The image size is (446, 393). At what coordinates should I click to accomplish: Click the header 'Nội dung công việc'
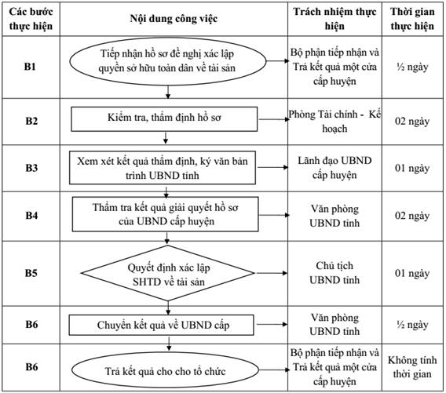click(x=174, y=19)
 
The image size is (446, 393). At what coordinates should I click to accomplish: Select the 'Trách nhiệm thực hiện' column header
click(x=334, y=19)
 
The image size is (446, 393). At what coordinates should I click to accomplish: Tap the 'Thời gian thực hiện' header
click(x=412, y=19)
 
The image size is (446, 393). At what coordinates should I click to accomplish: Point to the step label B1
click(x=30, y=67)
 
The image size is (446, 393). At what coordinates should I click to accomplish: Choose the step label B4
click(x=31, y=215)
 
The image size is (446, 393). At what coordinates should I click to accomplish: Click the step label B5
click(x=31, y=273)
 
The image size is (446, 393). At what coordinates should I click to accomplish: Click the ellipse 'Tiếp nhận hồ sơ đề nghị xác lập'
click(x=168, y=61)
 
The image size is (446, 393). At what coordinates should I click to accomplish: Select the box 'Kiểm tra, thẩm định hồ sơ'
click(x=164, y=119)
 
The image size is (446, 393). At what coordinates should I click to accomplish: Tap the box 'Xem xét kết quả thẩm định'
click(x=163, y=168)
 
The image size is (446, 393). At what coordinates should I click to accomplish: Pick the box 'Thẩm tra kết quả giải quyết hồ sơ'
click(x=165, y=214)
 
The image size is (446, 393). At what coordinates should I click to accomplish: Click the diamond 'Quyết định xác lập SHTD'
click(x=168, y=273)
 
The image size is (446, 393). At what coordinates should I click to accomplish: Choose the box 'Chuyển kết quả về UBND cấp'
click(x=161, y=325)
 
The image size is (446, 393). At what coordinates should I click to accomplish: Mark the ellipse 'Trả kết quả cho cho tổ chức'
click(x=165, y=370)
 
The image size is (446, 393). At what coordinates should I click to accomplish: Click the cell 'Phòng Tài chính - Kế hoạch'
click(x=334, y=122)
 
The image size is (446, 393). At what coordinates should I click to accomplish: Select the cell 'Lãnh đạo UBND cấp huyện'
click(x=334, y=168)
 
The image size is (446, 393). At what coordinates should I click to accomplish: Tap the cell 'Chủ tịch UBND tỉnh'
click(x=334, y=273)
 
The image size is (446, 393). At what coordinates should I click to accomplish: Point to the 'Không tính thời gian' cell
click(x=412, y=367)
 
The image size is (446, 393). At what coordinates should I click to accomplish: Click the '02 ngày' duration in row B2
click(x=412, y=122)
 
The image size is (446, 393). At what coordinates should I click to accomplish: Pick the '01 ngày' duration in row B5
click(x=412, y=273)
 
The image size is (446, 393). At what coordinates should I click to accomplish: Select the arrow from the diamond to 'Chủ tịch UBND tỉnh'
click(x=272, y=273)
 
